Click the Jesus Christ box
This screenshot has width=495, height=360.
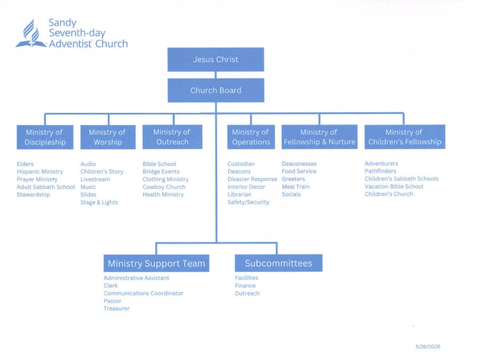tap(216, 60)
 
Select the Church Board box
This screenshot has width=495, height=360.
tap(216, 90)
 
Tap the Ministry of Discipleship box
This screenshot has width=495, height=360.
tap(45, 137)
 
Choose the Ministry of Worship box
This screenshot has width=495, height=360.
tap(108, 137)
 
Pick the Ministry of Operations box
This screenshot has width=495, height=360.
tap(251, 137)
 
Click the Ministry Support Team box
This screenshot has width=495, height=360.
tap(156, 263)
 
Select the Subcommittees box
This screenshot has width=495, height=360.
tap(278, 263)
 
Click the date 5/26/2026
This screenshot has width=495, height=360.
tap(428, 346)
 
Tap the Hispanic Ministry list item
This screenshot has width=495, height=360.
tap(40, 172)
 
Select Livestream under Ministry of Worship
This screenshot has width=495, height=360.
tap(95, 179)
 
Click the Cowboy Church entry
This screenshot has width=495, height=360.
tap(164, 187)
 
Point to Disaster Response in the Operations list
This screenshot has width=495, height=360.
tap(252, 179)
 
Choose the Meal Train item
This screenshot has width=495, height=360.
tap(295, 187)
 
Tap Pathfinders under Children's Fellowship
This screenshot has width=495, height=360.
tap(380, 171)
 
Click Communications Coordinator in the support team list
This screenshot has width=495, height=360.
tap(143, 293)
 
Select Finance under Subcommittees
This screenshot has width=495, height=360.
tap(245, 285)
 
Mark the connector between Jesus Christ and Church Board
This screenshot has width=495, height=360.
tap(216, 75)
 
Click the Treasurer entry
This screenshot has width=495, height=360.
tap(116, 309)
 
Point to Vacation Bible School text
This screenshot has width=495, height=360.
tap(394, 186)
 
